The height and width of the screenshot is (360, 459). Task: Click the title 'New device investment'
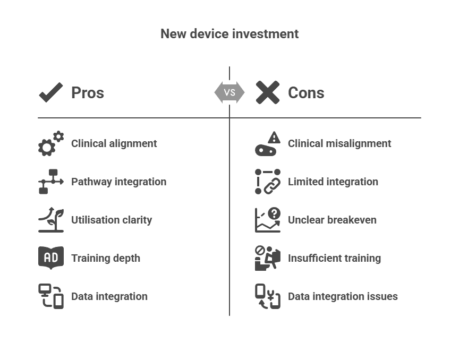click(x=229, y=34)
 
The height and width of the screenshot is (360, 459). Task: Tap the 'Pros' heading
click(x=88, y=93)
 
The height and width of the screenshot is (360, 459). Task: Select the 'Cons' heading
click(x=306, y=93)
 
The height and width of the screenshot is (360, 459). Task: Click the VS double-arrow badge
click(x=229, y=92)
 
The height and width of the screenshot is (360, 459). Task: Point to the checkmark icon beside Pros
click(x=51, y=93)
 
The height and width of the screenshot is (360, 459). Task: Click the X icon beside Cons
click(x=267, y=93)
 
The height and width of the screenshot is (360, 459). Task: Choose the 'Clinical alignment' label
click(x=114, y=143)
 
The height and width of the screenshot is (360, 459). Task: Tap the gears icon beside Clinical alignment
click(x=50, y=144)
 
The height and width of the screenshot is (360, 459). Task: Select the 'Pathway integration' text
click(x=118, y=182)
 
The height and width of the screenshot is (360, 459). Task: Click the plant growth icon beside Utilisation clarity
click(x=51, y=220)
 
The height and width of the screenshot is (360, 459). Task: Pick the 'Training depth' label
click(x=106, y=258)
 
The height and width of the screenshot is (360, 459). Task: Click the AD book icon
click(x=51, y=258)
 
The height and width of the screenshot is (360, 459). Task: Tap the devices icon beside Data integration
click(x=51, y=296)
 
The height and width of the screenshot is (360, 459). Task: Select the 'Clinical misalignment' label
click(x=339, y=143)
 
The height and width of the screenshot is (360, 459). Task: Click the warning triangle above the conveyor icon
click(x=274, y=138)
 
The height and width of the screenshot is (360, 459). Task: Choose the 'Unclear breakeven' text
click(x=332, y=220)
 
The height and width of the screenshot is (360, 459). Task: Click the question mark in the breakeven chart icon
click(x=274, y=213)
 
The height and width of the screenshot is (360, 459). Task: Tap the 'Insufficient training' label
click(x=334, y=258)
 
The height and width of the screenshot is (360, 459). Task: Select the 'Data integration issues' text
click(x=343, y=296)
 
